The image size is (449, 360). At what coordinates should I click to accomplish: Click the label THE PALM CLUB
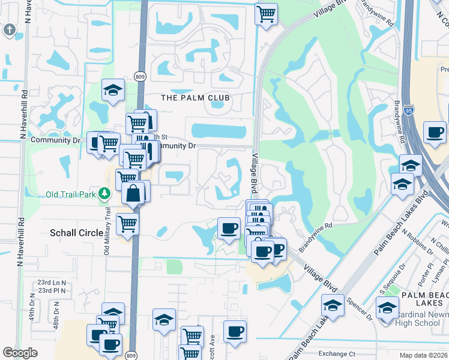196,98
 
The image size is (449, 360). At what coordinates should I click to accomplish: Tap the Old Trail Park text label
71,194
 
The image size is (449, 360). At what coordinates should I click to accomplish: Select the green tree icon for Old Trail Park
105,193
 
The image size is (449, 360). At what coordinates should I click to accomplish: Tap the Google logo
20,353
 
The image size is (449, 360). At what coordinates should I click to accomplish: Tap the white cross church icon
10,29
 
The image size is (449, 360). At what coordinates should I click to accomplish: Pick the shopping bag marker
133,193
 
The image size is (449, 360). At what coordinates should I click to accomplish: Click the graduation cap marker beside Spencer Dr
333,306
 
